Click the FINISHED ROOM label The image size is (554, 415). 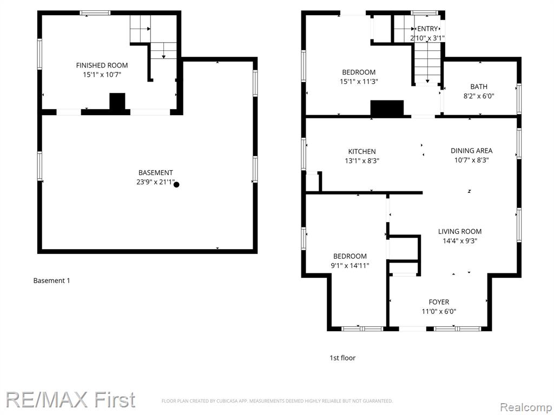pos(102,65)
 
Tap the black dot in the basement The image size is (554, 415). pos(176,184)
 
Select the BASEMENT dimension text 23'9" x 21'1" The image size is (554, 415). pos(156,182)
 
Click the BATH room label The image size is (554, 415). pos(479,86)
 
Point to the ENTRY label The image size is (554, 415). pos(427,29)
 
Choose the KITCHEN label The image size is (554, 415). pos(362,151)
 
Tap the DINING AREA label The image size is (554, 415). pos(471,151)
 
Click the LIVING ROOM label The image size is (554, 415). pos(460,231)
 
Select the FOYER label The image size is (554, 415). pos(439,302)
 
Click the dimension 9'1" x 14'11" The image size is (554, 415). pos(350,266)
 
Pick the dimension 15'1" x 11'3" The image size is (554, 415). pos(359,82)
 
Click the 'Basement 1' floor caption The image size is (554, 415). pos(51,280)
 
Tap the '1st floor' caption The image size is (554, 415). pos(342,358)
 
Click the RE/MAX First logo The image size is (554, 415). pos(70,400)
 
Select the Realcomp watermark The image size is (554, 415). pos(525,407)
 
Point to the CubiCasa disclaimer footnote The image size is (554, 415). pos(277,401)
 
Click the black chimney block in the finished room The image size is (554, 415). pos(117,102)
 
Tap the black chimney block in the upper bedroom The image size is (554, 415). pos(387,108)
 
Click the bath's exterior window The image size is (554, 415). pos(519,98)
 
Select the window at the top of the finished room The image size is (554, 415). pos(95,13)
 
